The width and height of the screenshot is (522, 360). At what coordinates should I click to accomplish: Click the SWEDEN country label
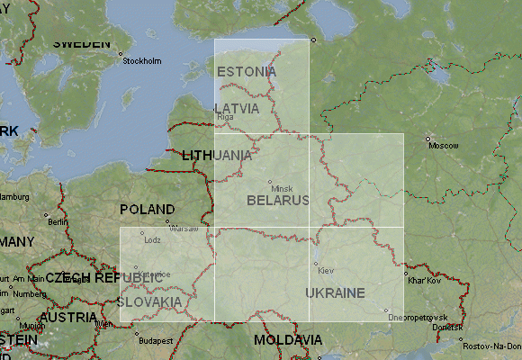[82, 43]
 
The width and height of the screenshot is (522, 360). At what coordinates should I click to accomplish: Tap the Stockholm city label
[141, 61]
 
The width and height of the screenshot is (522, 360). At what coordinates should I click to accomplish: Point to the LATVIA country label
[237, 108]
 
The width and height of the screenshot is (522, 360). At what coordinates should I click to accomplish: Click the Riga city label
[225, 117]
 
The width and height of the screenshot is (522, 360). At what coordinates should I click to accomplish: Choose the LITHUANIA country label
[217, 155]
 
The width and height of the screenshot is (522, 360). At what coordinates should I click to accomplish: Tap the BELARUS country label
[278, 199]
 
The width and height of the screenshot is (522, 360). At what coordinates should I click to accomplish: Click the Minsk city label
[282, 188]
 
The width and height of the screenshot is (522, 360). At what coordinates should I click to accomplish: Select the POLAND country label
[148, 209]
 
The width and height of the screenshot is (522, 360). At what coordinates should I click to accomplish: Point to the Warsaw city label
[184, 229]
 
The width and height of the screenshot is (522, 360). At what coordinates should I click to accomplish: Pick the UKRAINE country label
[335, 292]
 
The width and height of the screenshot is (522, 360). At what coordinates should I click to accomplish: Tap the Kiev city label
[326, 271]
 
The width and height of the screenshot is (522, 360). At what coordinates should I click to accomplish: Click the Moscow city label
[443, 145]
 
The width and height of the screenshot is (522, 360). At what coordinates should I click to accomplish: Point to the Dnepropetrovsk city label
[418, 318]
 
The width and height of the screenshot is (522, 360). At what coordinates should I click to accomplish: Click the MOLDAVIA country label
[287, 340]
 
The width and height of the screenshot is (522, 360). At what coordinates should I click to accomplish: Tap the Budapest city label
[155, 341]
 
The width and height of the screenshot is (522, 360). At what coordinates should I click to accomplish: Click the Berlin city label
[58, 222]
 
